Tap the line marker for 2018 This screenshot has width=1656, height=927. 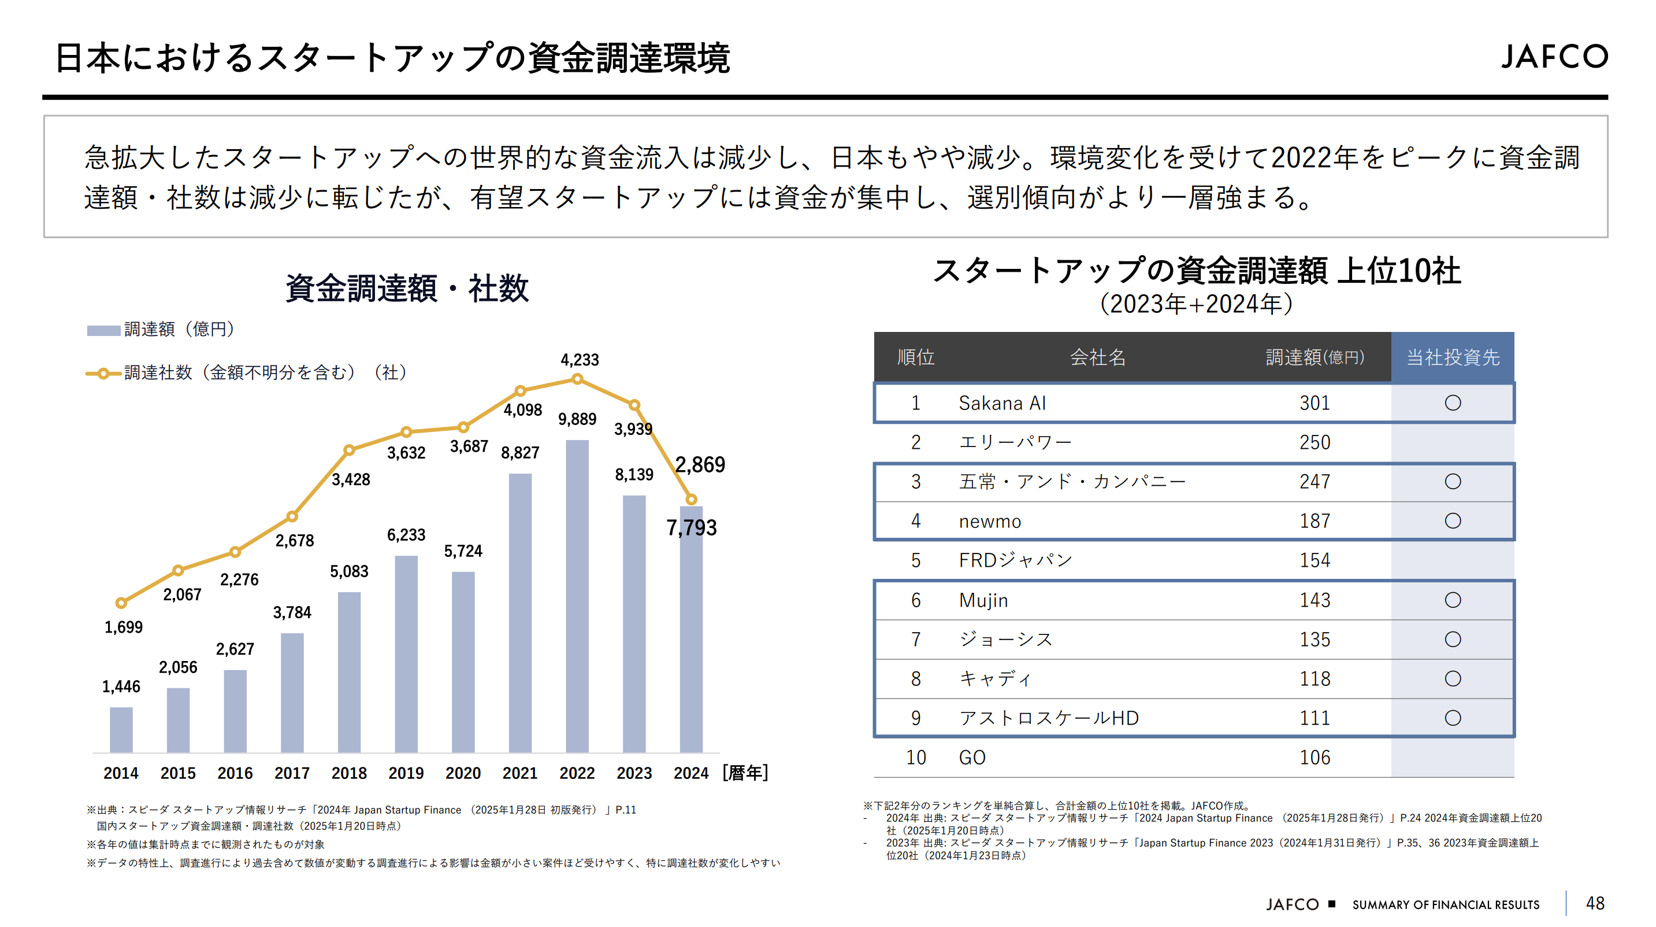(349, 450)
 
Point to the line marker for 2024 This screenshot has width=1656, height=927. (691, 498)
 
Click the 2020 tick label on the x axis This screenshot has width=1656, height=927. (463, 773)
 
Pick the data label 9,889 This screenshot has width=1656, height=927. (577, 419)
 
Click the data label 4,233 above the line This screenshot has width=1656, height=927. (579, 360)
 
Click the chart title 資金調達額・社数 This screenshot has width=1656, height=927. (406, 287)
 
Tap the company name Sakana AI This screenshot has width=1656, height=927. (1001, 403)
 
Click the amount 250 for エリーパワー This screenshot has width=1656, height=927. (1314, 442)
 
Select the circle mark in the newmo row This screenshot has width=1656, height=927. (1452, 520)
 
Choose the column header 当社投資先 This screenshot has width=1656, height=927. (1452, 357)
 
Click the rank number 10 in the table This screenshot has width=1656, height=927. (915, 757)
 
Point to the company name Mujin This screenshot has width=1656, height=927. (983, 600)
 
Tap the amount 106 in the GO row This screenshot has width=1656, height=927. (1314, 757)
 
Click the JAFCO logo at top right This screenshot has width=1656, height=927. (1554, 57)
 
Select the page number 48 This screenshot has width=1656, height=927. (1595, 903)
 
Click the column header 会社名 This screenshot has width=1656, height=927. (1097, 357)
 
